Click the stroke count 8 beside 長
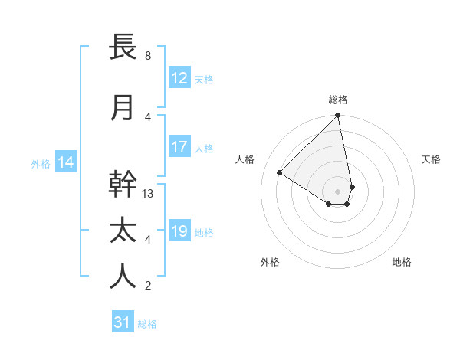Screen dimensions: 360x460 148,56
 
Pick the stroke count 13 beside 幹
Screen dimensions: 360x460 149,194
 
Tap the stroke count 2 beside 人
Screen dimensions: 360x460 148,286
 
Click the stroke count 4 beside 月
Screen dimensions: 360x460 148,116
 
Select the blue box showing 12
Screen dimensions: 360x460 179,77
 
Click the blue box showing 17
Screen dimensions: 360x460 179,147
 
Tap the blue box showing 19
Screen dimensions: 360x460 179,231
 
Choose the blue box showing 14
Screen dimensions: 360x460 65,162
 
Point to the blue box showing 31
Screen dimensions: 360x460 123,322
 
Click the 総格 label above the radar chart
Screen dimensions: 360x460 338,100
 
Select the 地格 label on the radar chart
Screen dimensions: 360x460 402,262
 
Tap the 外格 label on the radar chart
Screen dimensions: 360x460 270,262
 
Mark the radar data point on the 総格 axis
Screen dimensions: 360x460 338,116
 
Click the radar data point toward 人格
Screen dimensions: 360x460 280,172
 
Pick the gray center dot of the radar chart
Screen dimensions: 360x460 338,191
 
